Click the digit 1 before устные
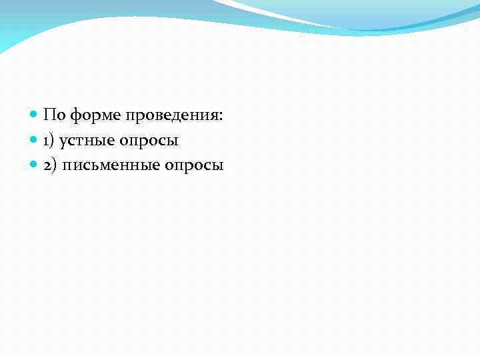coord(47,141)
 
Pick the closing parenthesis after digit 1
coord(53,141)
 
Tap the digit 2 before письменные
coord(48,165)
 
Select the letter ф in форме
coord(75,116)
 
